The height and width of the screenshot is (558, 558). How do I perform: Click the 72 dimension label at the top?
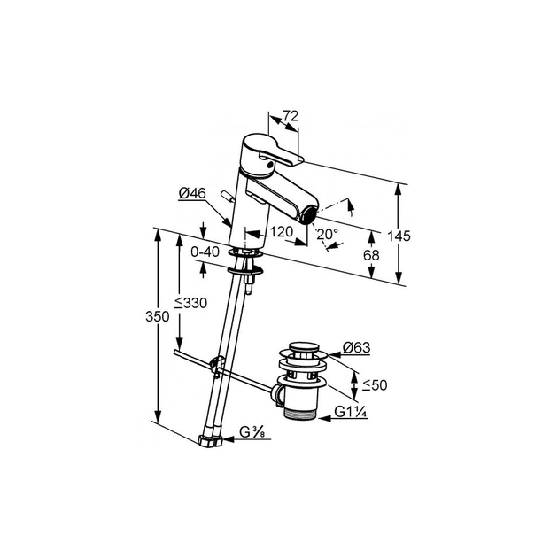[x=291, y=116]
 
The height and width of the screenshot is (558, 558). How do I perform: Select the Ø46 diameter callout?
[x=192, y=194]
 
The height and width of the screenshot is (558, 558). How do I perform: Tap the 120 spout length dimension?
[x=281, y=232]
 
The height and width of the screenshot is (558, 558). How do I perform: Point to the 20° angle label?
[x=328, y=234]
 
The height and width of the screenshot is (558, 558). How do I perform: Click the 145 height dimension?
[x=399, y=236]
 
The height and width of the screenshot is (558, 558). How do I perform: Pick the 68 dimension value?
[x=371, y=255]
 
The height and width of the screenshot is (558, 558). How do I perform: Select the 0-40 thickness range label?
[x=205, y=252]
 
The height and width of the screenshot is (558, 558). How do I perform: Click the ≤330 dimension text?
[x=190, y=303]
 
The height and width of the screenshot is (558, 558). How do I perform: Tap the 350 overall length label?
[x=158, y=316]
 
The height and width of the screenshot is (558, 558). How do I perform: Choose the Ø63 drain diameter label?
[x=357, y=347]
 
